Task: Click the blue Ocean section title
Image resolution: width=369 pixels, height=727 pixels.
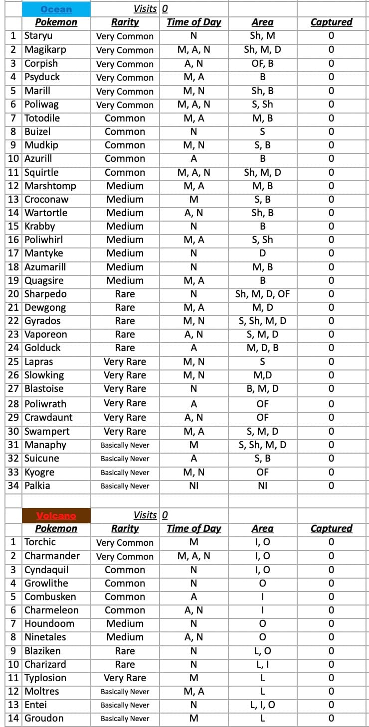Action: coord(56,9)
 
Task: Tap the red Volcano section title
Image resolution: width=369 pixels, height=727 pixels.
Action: coord(56,515)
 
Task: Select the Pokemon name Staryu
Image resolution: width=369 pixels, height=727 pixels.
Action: coord(38,36)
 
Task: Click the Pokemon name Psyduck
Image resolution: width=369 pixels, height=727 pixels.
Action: coord(42,77)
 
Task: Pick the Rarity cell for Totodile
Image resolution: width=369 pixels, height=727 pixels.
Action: coord(125,118)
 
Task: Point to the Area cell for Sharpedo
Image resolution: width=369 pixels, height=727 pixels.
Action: coord(262,294)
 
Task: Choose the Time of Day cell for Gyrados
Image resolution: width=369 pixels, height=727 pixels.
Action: coord(193,321)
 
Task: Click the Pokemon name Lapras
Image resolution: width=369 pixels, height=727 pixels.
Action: coord(38,362)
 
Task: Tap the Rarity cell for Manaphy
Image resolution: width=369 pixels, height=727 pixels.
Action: coord(125,445)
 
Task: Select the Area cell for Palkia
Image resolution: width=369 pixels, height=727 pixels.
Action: coord(262,485)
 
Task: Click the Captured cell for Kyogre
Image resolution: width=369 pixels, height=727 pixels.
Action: coord(331,472)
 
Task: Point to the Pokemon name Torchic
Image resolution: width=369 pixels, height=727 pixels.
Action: coord(40,542)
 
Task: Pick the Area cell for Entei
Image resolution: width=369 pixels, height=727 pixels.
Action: coord(262,705)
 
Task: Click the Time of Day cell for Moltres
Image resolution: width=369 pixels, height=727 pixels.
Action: coord(193,691)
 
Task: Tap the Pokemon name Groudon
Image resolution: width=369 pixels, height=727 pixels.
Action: coord(44,718)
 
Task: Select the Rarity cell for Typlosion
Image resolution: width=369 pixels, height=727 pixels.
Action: coord(125,678)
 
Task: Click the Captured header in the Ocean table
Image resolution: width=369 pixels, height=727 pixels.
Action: coord(331,22)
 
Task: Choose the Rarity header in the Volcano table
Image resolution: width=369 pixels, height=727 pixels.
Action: coord(125,528)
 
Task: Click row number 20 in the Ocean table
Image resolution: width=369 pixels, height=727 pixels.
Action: coord(13,294)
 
